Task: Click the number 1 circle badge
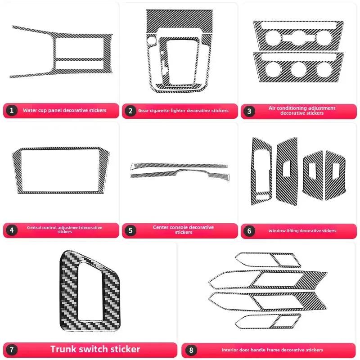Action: (x=12, y=110)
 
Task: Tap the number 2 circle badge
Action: (x=130, y=110)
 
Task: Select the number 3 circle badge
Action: (x=249, y=111)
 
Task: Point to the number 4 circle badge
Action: (x=12, y=230)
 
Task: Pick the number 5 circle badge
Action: (x=130, y=230)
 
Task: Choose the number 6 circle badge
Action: (x=249, y=230)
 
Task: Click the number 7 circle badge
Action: (x=13, y=349)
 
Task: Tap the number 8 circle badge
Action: (x=192, y=350)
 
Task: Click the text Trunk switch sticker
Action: (x=95, y=349)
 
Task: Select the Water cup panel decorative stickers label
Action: (x=65, y=110)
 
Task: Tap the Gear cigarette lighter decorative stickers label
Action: (x=183, y=110)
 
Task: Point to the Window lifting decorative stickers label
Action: (x=302, y=230)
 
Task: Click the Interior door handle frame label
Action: (x=272, y=350)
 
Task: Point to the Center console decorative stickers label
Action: (x=183, y=230)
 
